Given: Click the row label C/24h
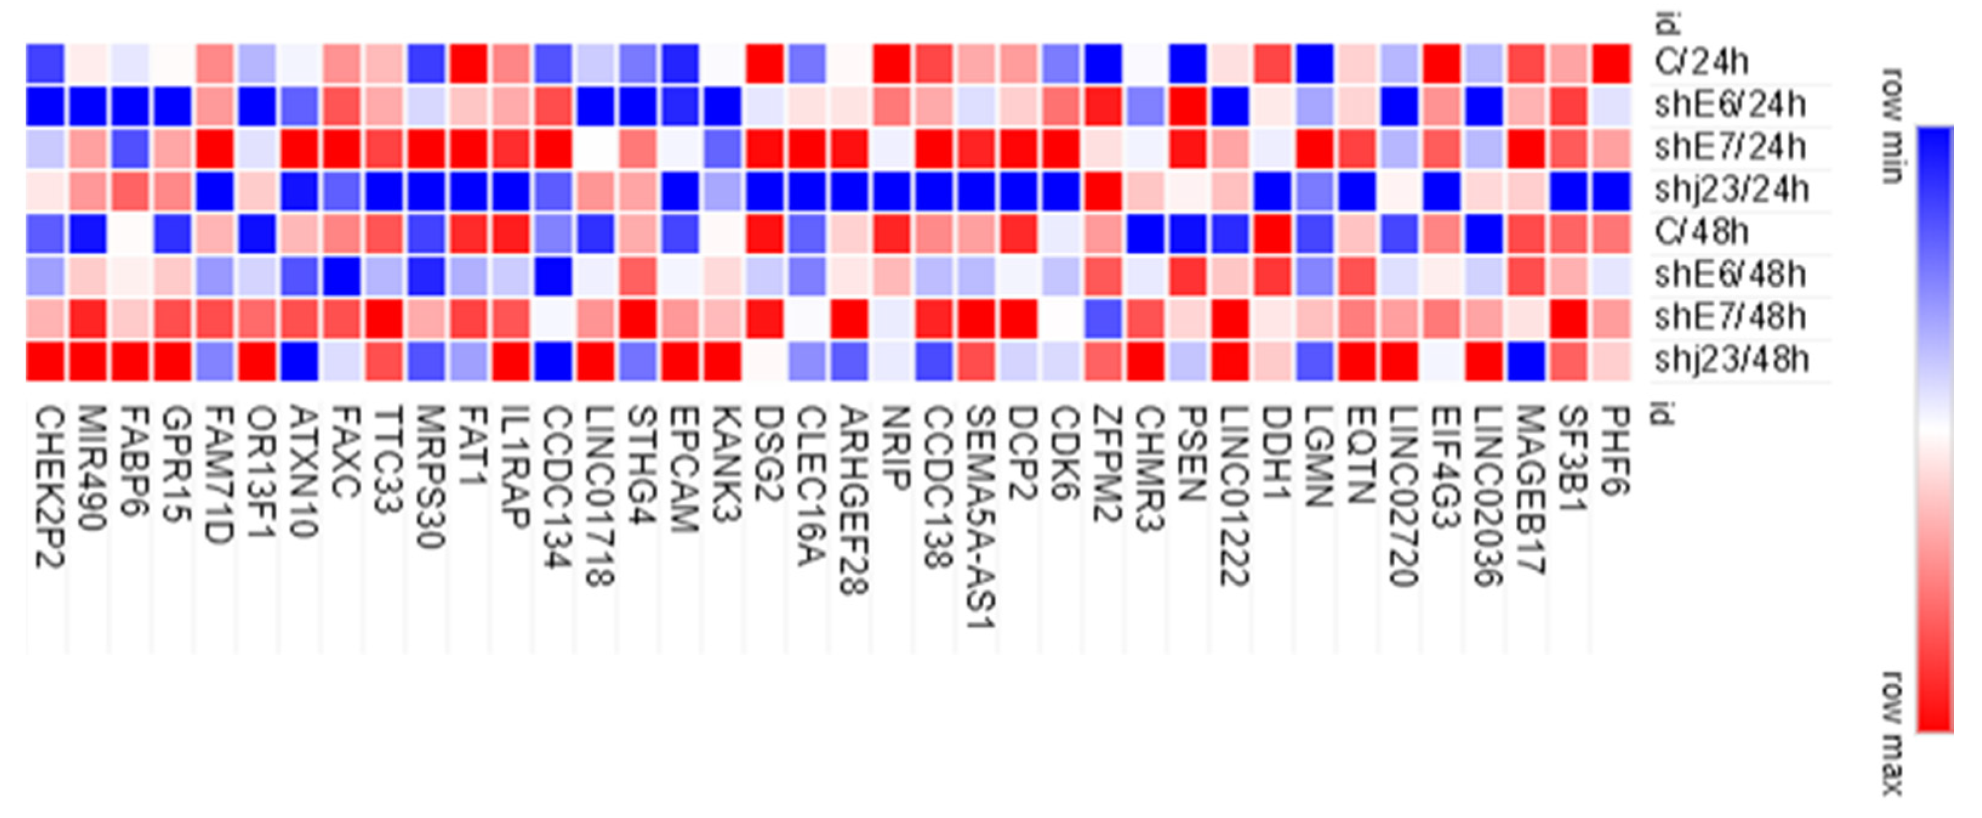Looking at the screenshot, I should [x=1701, y=62].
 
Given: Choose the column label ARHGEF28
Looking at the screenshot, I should [x=853, y=500].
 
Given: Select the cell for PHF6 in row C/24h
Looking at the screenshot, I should [x=1611, y=63].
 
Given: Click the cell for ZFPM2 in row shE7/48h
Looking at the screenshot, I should [x=1103, y=318].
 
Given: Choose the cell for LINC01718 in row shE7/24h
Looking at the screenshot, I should [x=595, y=149].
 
